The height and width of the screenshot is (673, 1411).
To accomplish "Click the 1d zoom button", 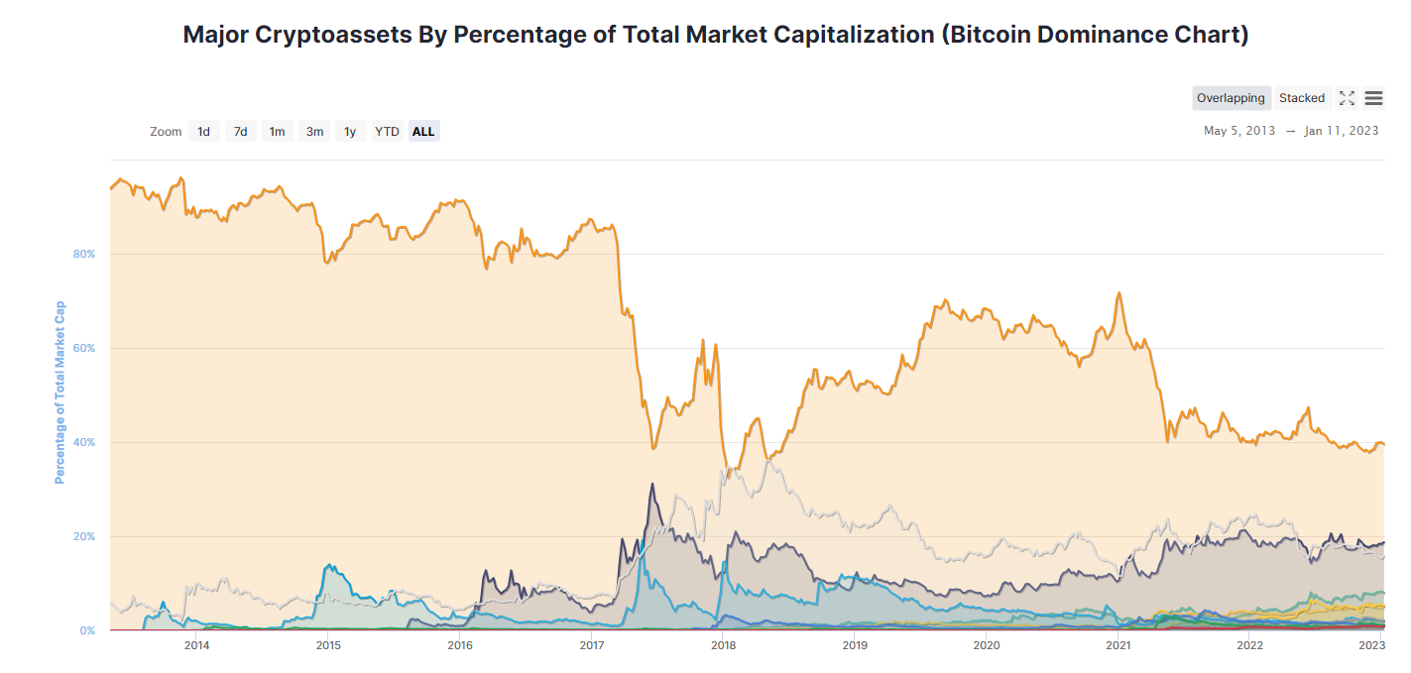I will pos(203,131).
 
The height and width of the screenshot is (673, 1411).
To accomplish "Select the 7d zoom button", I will pos(240,131).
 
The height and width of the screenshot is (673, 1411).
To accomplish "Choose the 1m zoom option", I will pos(277,131).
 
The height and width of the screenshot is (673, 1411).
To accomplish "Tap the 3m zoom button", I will pos(314,131).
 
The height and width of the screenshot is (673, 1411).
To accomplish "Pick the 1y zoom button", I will pos(350,131).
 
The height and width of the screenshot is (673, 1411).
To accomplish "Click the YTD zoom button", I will pos(387,131).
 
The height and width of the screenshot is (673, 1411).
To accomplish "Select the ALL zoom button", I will pos(423,131).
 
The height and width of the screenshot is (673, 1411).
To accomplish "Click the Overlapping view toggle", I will pos(1231,98).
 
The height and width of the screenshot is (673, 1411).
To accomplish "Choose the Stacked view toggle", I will pos(1301,98).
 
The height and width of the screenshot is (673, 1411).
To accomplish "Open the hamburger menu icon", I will pos(1373,98).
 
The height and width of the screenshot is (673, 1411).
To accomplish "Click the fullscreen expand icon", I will pos(1347,98).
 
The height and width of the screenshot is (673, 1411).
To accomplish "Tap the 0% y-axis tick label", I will pos(87,630).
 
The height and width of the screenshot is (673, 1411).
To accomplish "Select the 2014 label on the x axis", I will pos(196,646).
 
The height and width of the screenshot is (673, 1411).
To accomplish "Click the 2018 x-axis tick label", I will pos(723,646).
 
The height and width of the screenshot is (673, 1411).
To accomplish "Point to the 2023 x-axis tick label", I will pos(1371,646).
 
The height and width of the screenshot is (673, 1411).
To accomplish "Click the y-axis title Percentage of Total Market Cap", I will pos(59,393).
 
